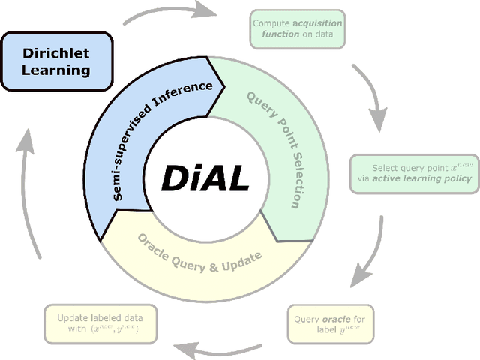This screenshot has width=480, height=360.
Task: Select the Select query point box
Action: tap(414, 173)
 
